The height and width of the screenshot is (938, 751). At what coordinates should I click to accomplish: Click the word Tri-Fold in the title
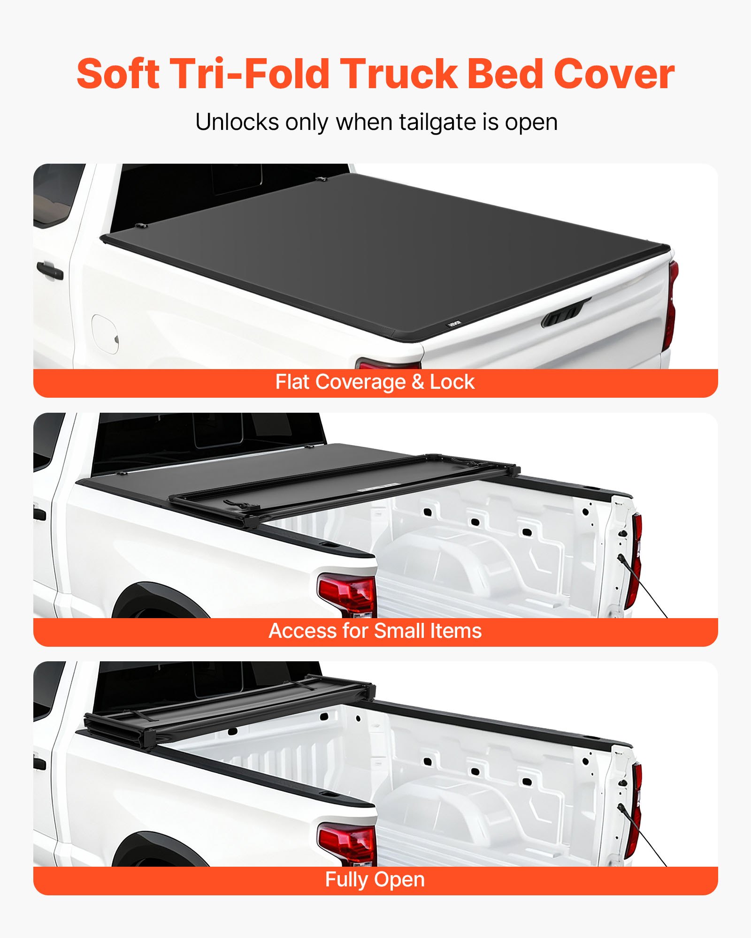[249, 74]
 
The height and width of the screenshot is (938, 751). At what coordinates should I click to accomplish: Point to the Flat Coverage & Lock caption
[375, 382]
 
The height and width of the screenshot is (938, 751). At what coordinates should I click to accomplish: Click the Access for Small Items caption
[375, 631]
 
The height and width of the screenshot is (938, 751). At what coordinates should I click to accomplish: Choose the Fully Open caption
[375, 880]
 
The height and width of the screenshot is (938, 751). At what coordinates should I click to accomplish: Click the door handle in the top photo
[49, 271]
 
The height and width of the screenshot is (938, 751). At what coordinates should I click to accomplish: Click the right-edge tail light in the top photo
[672, 305]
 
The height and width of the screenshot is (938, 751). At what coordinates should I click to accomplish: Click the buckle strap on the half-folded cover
[241, 505]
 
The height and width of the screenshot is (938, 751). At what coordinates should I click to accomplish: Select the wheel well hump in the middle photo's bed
[451, 558]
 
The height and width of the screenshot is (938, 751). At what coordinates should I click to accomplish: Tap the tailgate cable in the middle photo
[643, 586]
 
